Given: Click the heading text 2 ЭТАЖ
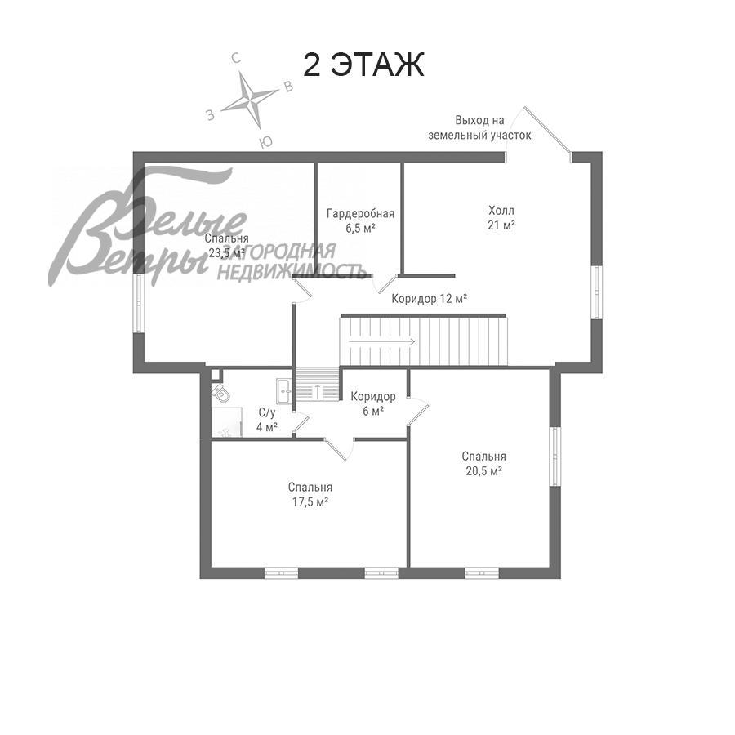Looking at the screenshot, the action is click(x=363, y=65).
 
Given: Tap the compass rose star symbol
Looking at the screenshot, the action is click(x=249, y=100).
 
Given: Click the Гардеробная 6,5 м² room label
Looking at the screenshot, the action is click(x=360, y=220).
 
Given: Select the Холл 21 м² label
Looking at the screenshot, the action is click(x=501, y=217).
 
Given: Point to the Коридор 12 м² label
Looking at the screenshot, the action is click(x=429, y=299).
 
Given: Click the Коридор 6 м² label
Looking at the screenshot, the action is click(x=373, y=403).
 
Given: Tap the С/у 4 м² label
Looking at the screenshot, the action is click(x=267, y=420).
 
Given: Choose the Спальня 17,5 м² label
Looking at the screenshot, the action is click(x=310, y=495).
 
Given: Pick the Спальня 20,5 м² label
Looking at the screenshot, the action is click(x=483, y=464).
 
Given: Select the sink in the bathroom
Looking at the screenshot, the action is click(x=284, y=390).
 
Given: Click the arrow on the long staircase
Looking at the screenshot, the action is click(x=381, y=341).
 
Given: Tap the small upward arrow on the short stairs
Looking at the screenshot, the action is click(x=318, y=391).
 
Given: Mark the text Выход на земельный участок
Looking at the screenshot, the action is click(x=479, y=128).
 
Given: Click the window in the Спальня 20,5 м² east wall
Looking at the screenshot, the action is click(x=555, y=456).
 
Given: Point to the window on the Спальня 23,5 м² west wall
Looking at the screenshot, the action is click(x=139, y=304).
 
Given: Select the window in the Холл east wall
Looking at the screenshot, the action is click(x=596, y=292).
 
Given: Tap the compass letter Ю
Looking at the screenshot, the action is click(x=265, y=142).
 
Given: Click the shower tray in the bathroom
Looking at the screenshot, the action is click(x=226, y=422).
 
